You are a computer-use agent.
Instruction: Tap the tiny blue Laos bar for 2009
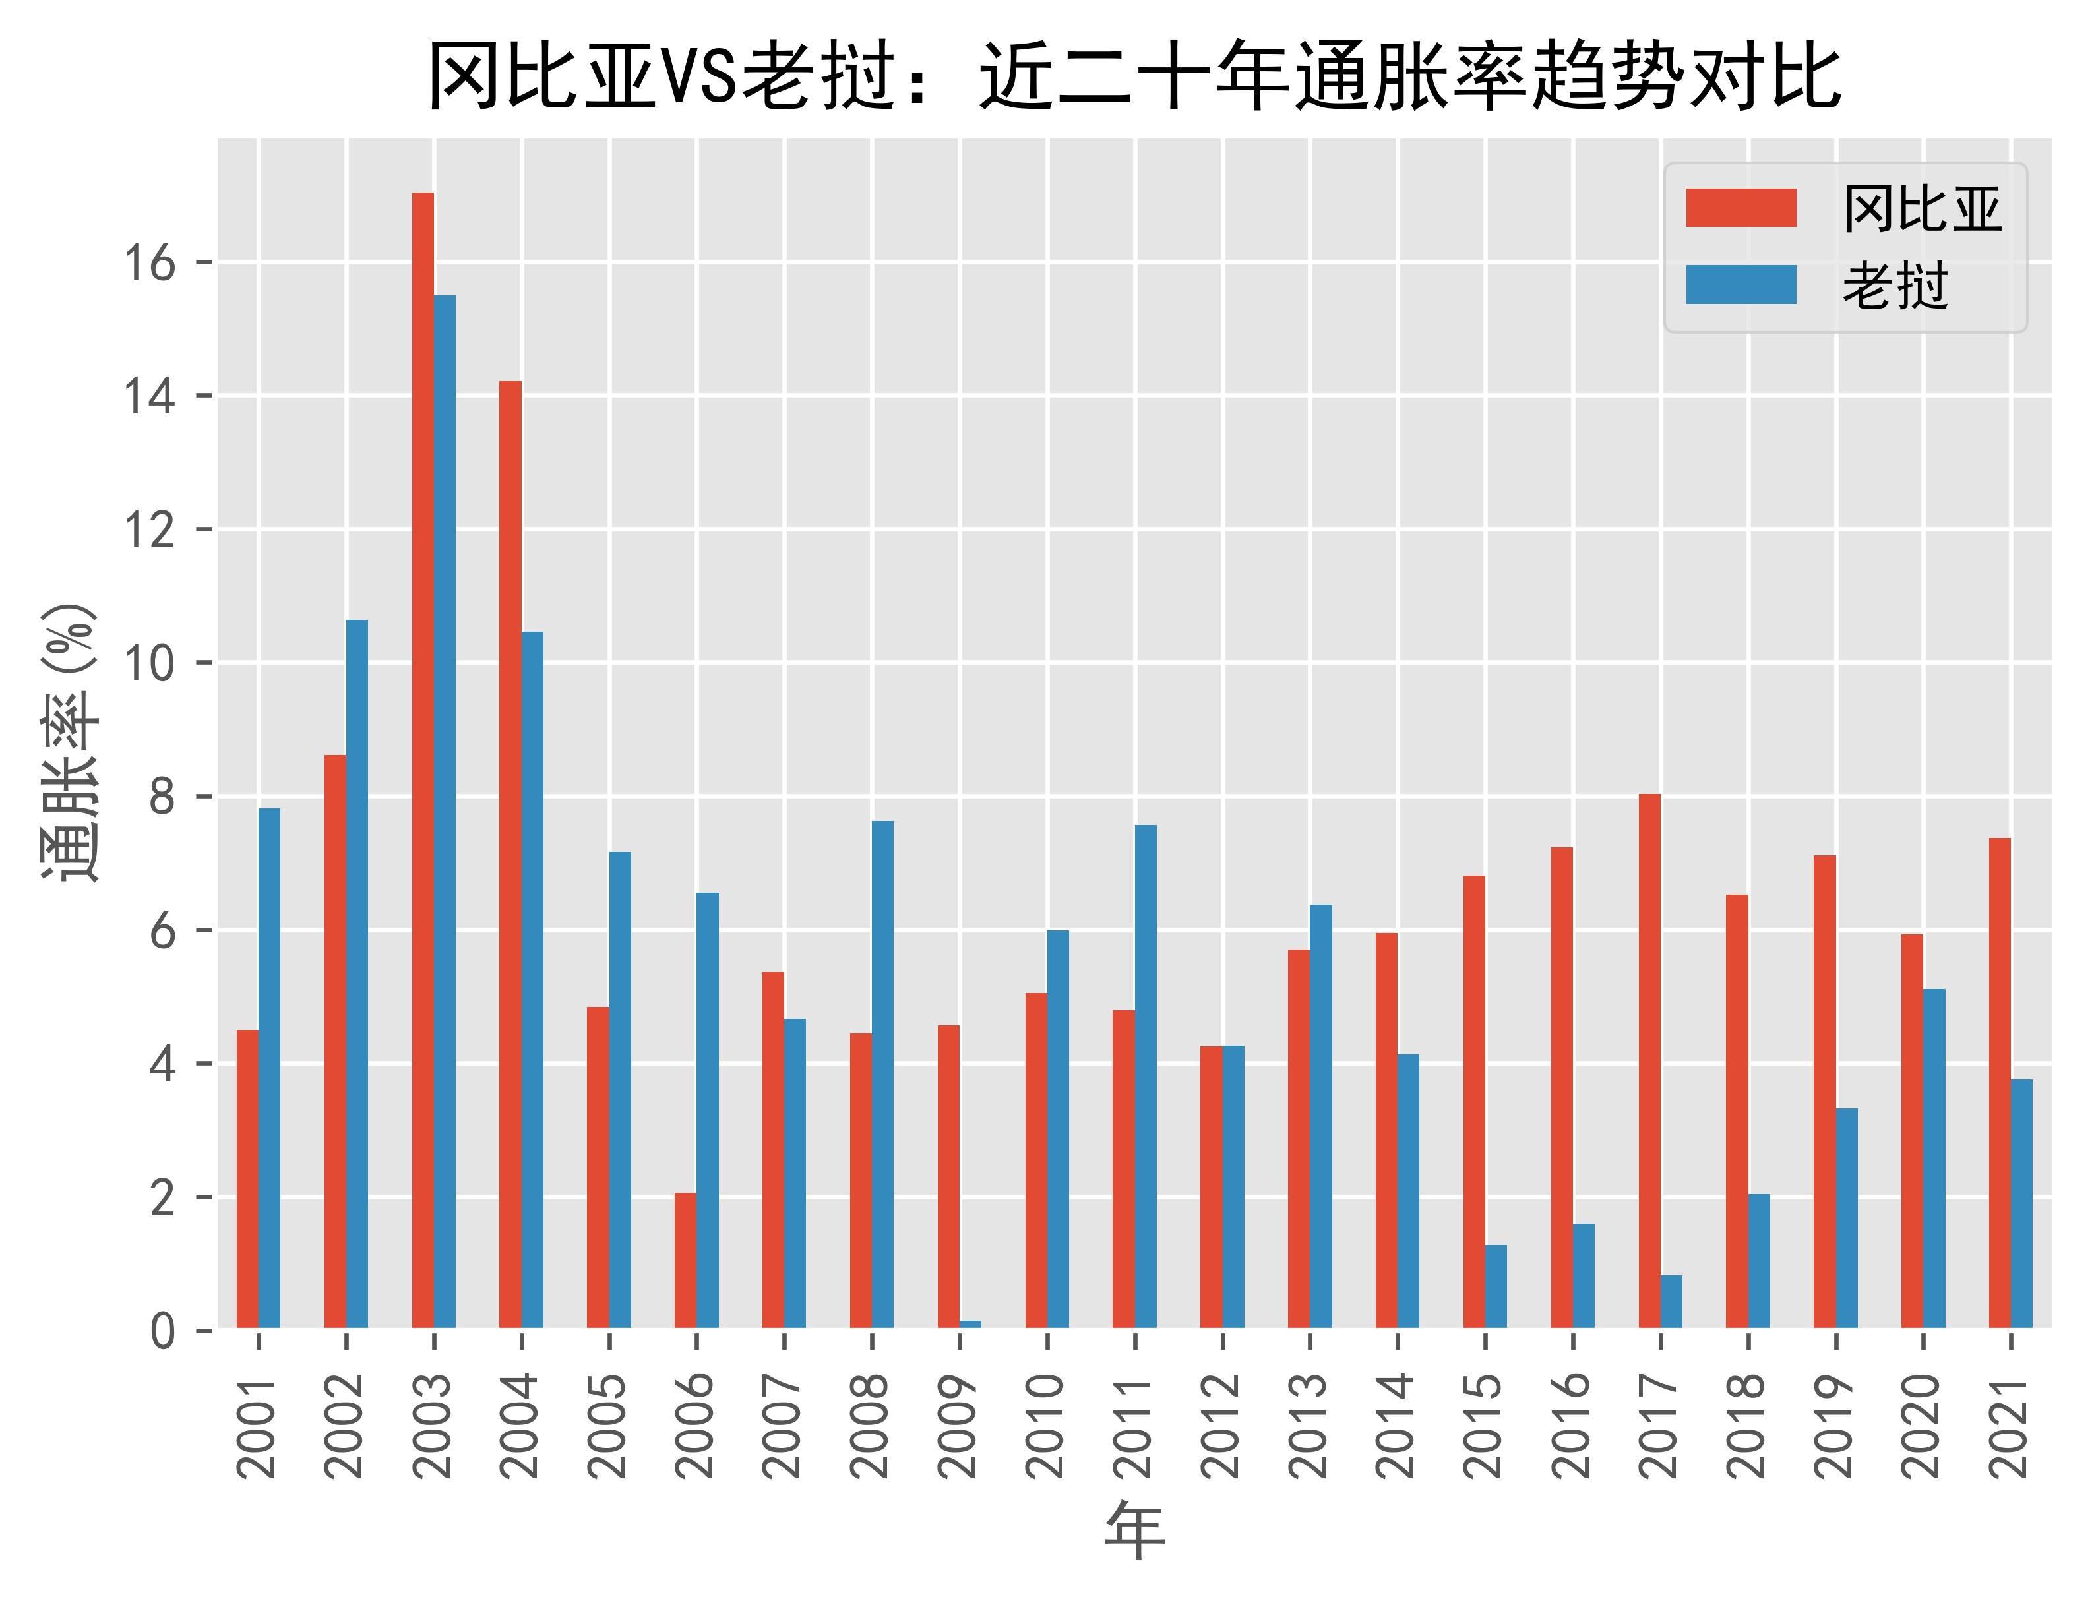click(970, 1323)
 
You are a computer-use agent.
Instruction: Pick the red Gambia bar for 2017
click(1650, 1061)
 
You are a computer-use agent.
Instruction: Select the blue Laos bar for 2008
click(882, 1074)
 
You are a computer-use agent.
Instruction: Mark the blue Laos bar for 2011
click(1146, 1076)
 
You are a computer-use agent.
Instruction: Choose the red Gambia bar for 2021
click(2000, 1083)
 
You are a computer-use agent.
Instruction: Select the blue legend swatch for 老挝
click(1740, 285)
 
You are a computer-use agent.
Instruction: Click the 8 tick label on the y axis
click(162, 797)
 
